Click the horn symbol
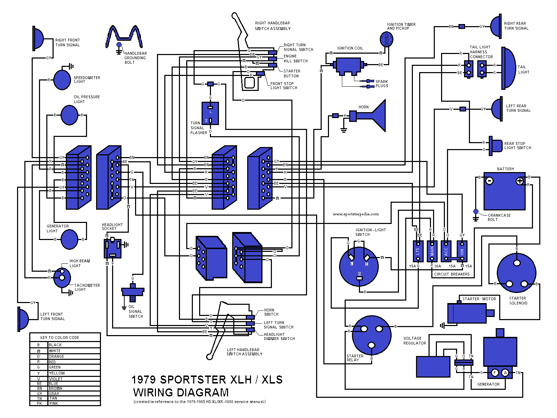click(x=374, y=116)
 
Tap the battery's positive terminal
click(x=519, y=181)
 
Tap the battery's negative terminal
click(x=489, y=181)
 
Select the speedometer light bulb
click(x=62, y=80)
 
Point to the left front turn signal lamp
click(x=23, y=319)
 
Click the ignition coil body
click(x=348, y=65)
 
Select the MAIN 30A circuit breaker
click(x=432, y=251)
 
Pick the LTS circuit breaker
click(x=418, y=251)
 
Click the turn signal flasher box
click(x=210, y=113)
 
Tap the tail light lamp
click(x=509, y=69)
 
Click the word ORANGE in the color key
click(x=56, y=356)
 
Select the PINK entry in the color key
click(x=54, y=403)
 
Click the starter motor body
click(x=466, y=313)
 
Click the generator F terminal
click(x=495, y=373)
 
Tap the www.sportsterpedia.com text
click(x=355, y=214)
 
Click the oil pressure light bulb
click(x=69, y=115)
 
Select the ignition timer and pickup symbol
click(x=386, y=39)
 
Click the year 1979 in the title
click(x=144, y=380)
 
